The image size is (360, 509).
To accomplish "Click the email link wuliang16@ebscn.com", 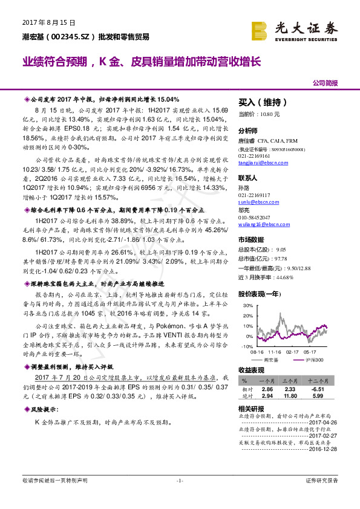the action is tap(264, 224).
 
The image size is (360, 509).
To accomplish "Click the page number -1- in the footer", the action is tap(180, 481).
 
